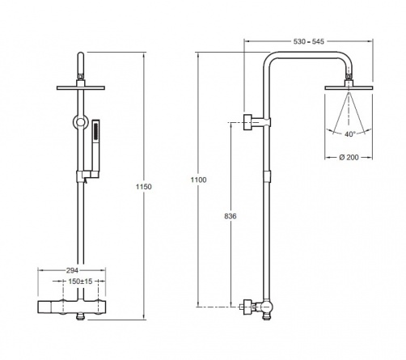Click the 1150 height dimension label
click(x=144, y=187)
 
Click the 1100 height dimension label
click(x=198, y=180)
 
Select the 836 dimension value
click(x=230, y=216)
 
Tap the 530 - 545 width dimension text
click(x=309, y=41)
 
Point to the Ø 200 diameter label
click(x=349, y=157)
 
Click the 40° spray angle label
click(x=350, y=134)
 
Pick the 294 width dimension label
click(x=72, y=270)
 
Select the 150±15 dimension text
click(x=80, y=282)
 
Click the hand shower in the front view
click(x=95, y=148)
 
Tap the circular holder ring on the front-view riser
click(x=80, y=122)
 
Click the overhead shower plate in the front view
click(x=81, y=88)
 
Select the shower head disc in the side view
click(x=349, y=88)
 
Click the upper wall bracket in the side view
click(x=256, y=122)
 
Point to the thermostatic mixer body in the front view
click(x=71, y=307)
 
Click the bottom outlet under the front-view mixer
click(x=80, y=317)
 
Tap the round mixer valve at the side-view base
click(x=266, y=307)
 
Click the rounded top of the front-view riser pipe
click(x=81, y=55)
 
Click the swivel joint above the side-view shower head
click(x=349, y=80)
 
